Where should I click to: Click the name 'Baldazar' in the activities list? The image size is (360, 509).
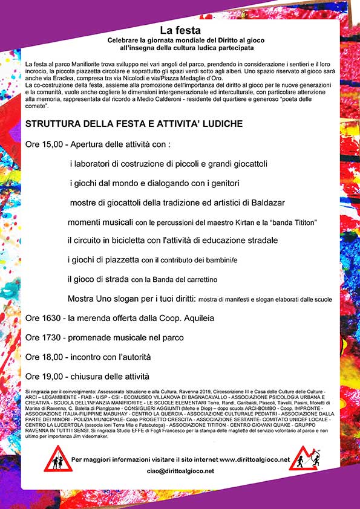(268, 202)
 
